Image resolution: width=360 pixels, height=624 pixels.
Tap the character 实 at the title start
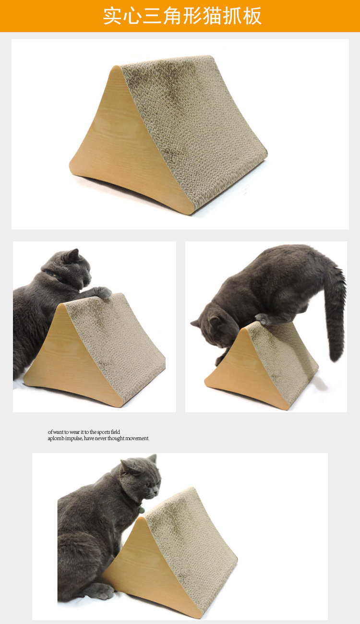(113, 16)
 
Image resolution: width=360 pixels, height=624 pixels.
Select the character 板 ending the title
(252, 16)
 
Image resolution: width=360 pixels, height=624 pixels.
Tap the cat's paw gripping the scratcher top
(103, 292)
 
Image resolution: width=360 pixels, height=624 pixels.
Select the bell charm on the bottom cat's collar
(142, 510)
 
